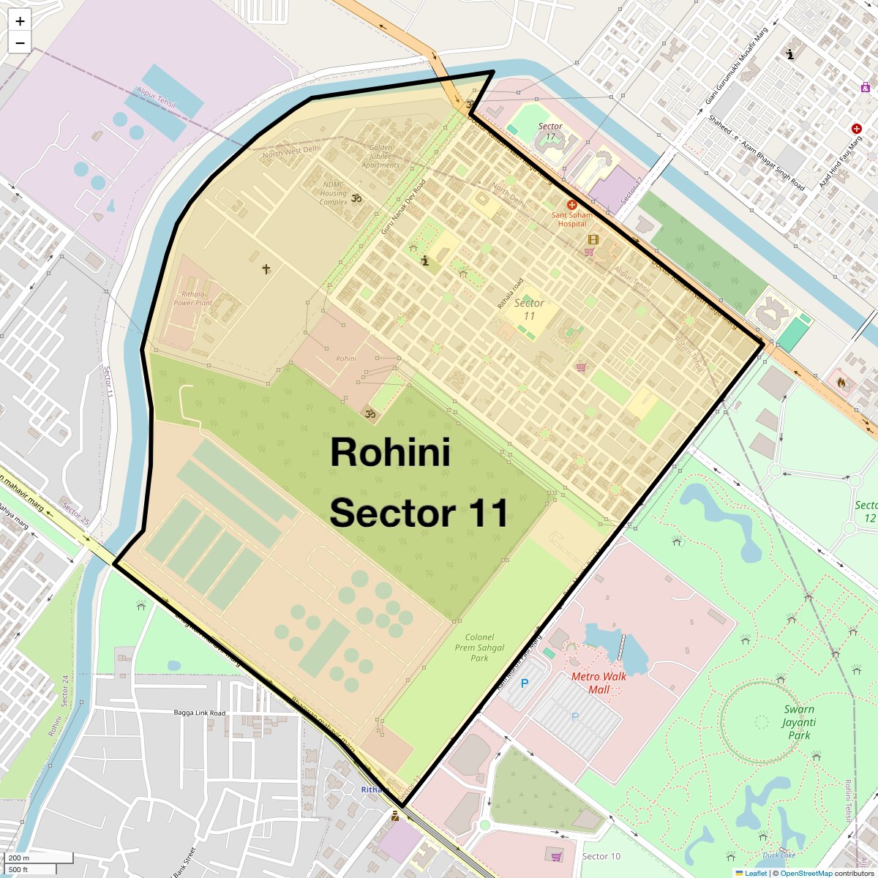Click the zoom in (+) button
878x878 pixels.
click(x=20, y=21)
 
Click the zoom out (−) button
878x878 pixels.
click(x=20, y=42)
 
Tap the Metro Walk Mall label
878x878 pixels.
click(x=599, y=683)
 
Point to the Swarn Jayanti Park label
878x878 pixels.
click(x=799, y=722)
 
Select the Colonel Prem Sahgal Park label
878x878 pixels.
click(x=479, y=648)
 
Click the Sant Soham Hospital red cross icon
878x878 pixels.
click(x=572, y=206)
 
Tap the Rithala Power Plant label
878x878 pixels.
click(x=193, y=299)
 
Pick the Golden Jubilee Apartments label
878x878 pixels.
click(x=380, y=156)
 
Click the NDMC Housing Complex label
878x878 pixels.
click(x=333, y=193)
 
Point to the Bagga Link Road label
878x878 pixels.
click(x=200, y=713)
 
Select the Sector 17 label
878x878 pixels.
click(x=550, y=131)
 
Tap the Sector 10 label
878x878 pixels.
click(x=601, y=856)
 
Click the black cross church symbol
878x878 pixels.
click(x=266, y=269)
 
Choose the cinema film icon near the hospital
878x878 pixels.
click(x=593, y=239)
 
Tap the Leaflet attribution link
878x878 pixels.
click(x=756, y=873)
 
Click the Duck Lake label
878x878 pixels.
click(x=778, y=855)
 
